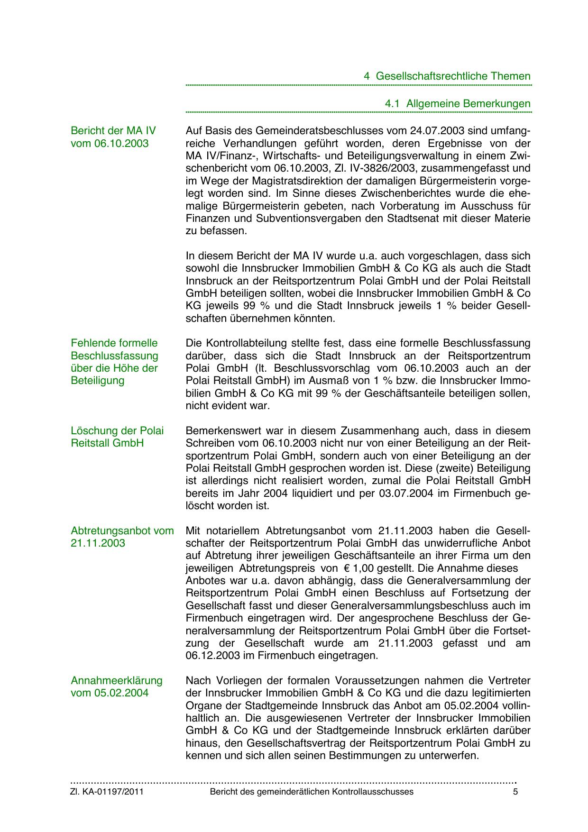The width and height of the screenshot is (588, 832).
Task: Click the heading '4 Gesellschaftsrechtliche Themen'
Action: point(447,76)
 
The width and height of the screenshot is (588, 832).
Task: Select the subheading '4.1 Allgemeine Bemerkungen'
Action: point(458,103)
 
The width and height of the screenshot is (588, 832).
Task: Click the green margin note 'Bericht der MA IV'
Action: point(113,131)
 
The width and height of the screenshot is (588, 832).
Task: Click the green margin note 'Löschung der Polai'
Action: point(117,431)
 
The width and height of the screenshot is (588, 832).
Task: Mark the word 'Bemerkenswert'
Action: point(219,431)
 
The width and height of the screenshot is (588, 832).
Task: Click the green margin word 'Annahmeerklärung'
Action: point(116,681)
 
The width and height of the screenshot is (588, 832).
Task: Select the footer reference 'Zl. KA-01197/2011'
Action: point(107,792)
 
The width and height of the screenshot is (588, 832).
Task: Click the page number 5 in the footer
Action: point(515,792)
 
